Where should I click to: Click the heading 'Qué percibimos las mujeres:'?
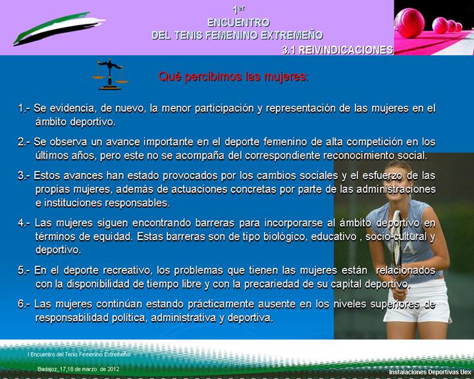point(234,77)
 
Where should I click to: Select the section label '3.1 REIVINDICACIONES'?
point(337,50)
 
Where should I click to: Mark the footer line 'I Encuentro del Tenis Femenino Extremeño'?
point(79,354)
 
